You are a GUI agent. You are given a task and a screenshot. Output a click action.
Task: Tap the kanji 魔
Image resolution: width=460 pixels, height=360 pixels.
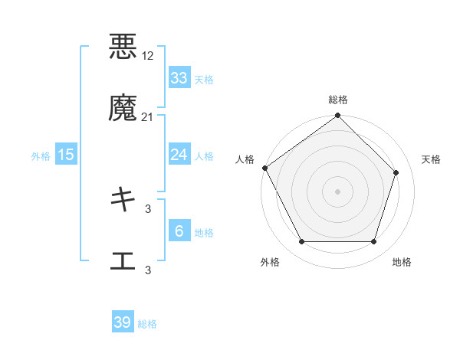point(123,109)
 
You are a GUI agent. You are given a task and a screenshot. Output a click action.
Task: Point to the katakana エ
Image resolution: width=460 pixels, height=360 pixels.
point(123,261)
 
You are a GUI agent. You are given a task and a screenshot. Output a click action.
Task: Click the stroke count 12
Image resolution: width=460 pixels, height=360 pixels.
point(148,56)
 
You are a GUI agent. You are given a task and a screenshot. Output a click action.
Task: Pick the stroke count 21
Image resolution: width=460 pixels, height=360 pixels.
point(148,117)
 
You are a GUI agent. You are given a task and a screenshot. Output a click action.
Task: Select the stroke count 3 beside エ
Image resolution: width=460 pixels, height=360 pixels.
point(148,270)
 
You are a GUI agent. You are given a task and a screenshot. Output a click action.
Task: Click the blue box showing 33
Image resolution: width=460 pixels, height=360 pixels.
point(179,78)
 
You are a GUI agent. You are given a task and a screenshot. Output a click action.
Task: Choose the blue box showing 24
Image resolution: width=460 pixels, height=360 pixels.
point(179,155)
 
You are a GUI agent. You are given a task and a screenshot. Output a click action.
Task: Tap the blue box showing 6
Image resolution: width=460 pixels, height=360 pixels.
point(179,231)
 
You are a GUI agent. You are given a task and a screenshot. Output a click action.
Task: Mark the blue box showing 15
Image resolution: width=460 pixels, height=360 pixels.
point(66,155)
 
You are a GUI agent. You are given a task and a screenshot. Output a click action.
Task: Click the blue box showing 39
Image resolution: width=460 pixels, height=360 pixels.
point(123,322)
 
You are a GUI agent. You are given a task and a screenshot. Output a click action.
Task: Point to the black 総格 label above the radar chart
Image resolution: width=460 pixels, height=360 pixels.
point(337,100)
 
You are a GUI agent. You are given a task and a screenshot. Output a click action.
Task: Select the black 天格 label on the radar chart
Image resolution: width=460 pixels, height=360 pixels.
point(431,159)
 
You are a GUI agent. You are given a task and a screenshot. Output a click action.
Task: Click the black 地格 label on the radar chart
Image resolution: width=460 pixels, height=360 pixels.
point(402,262)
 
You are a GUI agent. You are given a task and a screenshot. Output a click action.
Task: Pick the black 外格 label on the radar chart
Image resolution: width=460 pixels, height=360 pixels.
point(270,262)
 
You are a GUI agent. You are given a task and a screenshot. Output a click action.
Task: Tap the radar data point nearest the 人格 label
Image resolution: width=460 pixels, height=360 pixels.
point(265,168)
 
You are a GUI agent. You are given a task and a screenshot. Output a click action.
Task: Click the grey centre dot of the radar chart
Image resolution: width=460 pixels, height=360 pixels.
point(337,191)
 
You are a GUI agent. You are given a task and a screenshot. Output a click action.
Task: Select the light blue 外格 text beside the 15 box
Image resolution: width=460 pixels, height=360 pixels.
point(41,155)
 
